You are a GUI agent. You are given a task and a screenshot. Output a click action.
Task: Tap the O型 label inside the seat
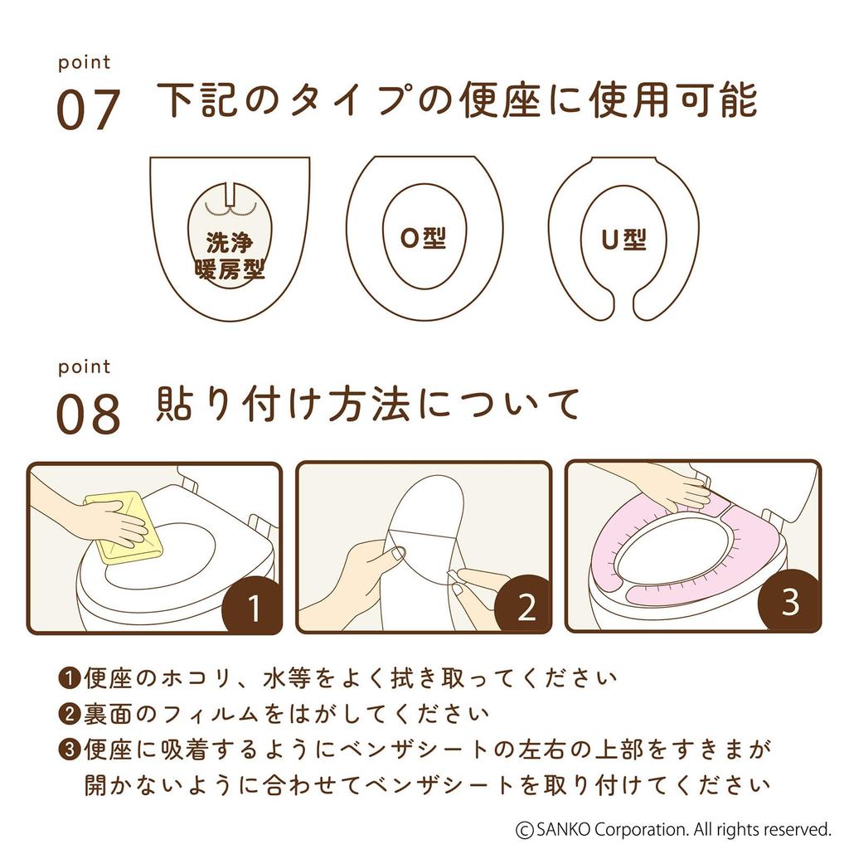(x=423, y=238)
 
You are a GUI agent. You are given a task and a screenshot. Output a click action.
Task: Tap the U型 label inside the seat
(x=623, y=240)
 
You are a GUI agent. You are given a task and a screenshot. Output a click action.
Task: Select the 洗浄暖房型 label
(x=230, y=256)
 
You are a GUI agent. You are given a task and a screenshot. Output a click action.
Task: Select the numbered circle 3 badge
(x=789, y=603)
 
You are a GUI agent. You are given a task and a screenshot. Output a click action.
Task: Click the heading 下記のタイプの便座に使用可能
(x=456, y=101)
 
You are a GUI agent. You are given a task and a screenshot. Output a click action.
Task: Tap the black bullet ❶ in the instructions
(x=69, y=678)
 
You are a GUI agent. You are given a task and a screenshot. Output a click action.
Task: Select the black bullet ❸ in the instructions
(x=69, y=750)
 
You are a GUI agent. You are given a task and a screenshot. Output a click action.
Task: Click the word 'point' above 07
(x=84, y=63)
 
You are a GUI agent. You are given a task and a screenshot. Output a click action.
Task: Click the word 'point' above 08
(x=84, y=366)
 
